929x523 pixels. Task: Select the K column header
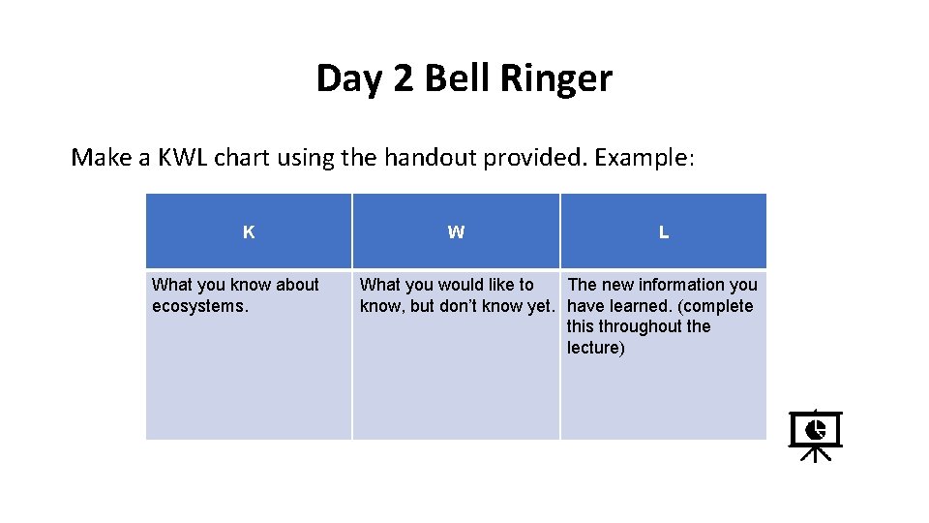point(249,232)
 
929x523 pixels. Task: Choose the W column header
point(456,232)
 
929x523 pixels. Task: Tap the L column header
point(663,232)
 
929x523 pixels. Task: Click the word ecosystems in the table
point(198,306)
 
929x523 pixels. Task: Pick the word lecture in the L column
point(594,348)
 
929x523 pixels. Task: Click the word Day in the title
point(350,79)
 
